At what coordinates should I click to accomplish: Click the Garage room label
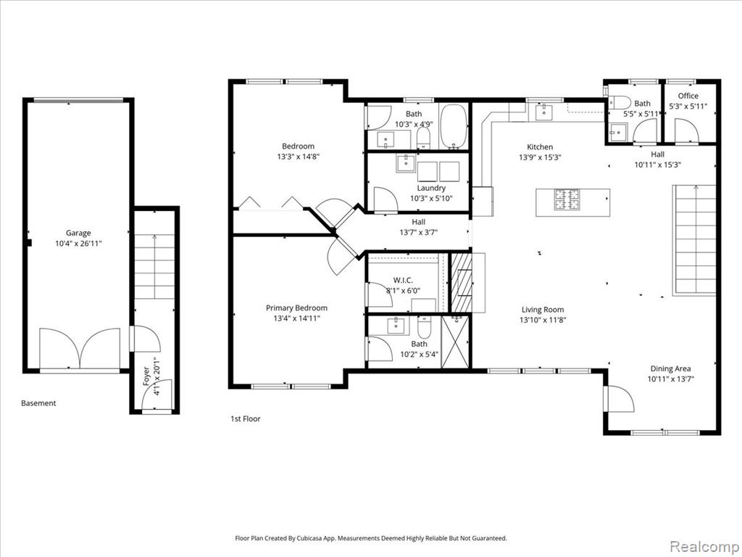(x=78, y=233)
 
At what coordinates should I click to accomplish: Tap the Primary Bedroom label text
(x=296, y=308)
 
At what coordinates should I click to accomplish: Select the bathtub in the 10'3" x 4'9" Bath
(x=454, y=126)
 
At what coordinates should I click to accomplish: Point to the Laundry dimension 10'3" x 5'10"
(x=431, y=199)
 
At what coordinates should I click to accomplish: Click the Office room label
(x=688, y=96)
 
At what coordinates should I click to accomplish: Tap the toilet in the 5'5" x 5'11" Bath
(x=620, y=102)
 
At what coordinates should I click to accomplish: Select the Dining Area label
(x=670, y=368)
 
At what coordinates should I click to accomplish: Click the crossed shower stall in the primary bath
(x=455, y=341)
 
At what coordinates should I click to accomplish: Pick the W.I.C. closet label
(x=403, y=281)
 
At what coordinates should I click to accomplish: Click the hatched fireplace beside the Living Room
(x=462, y=282)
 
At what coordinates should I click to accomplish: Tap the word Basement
(x=38, y=403)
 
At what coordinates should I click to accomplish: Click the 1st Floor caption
(x=245, y=418)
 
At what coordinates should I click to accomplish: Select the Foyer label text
(x=146, y=376)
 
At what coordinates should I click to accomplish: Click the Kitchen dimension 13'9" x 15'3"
(x=540, y=157)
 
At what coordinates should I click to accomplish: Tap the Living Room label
(x=543, y=310)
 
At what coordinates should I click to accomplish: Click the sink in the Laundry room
(x=406, y=163)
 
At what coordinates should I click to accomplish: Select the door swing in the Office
(x=687, y=131)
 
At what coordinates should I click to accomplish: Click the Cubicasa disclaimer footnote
(x=371, y=538)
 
